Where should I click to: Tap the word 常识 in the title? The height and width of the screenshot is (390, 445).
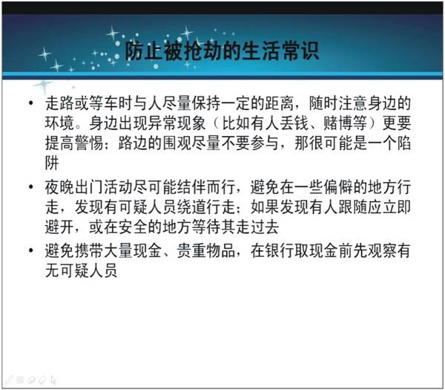pos(300,51)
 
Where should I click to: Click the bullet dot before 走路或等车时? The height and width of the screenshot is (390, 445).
pos(31,103)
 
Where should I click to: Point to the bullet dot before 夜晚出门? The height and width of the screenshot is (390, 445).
pos(31,186)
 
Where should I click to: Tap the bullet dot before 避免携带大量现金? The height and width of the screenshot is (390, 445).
pos(31,250)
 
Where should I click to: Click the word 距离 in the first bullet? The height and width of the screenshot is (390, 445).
pos(280,103)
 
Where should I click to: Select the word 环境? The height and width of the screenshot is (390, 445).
pos(59,123)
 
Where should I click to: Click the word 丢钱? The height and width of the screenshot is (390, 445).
pos(294,123)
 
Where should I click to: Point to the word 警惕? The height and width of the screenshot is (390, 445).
pos(89,143)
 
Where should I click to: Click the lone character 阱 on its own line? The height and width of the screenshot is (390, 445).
pos(52,163)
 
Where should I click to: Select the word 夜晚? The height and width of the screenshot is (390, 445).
pos(59,187)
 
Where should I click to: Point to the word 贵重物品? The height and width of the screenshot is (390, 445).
pos(206,251)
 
